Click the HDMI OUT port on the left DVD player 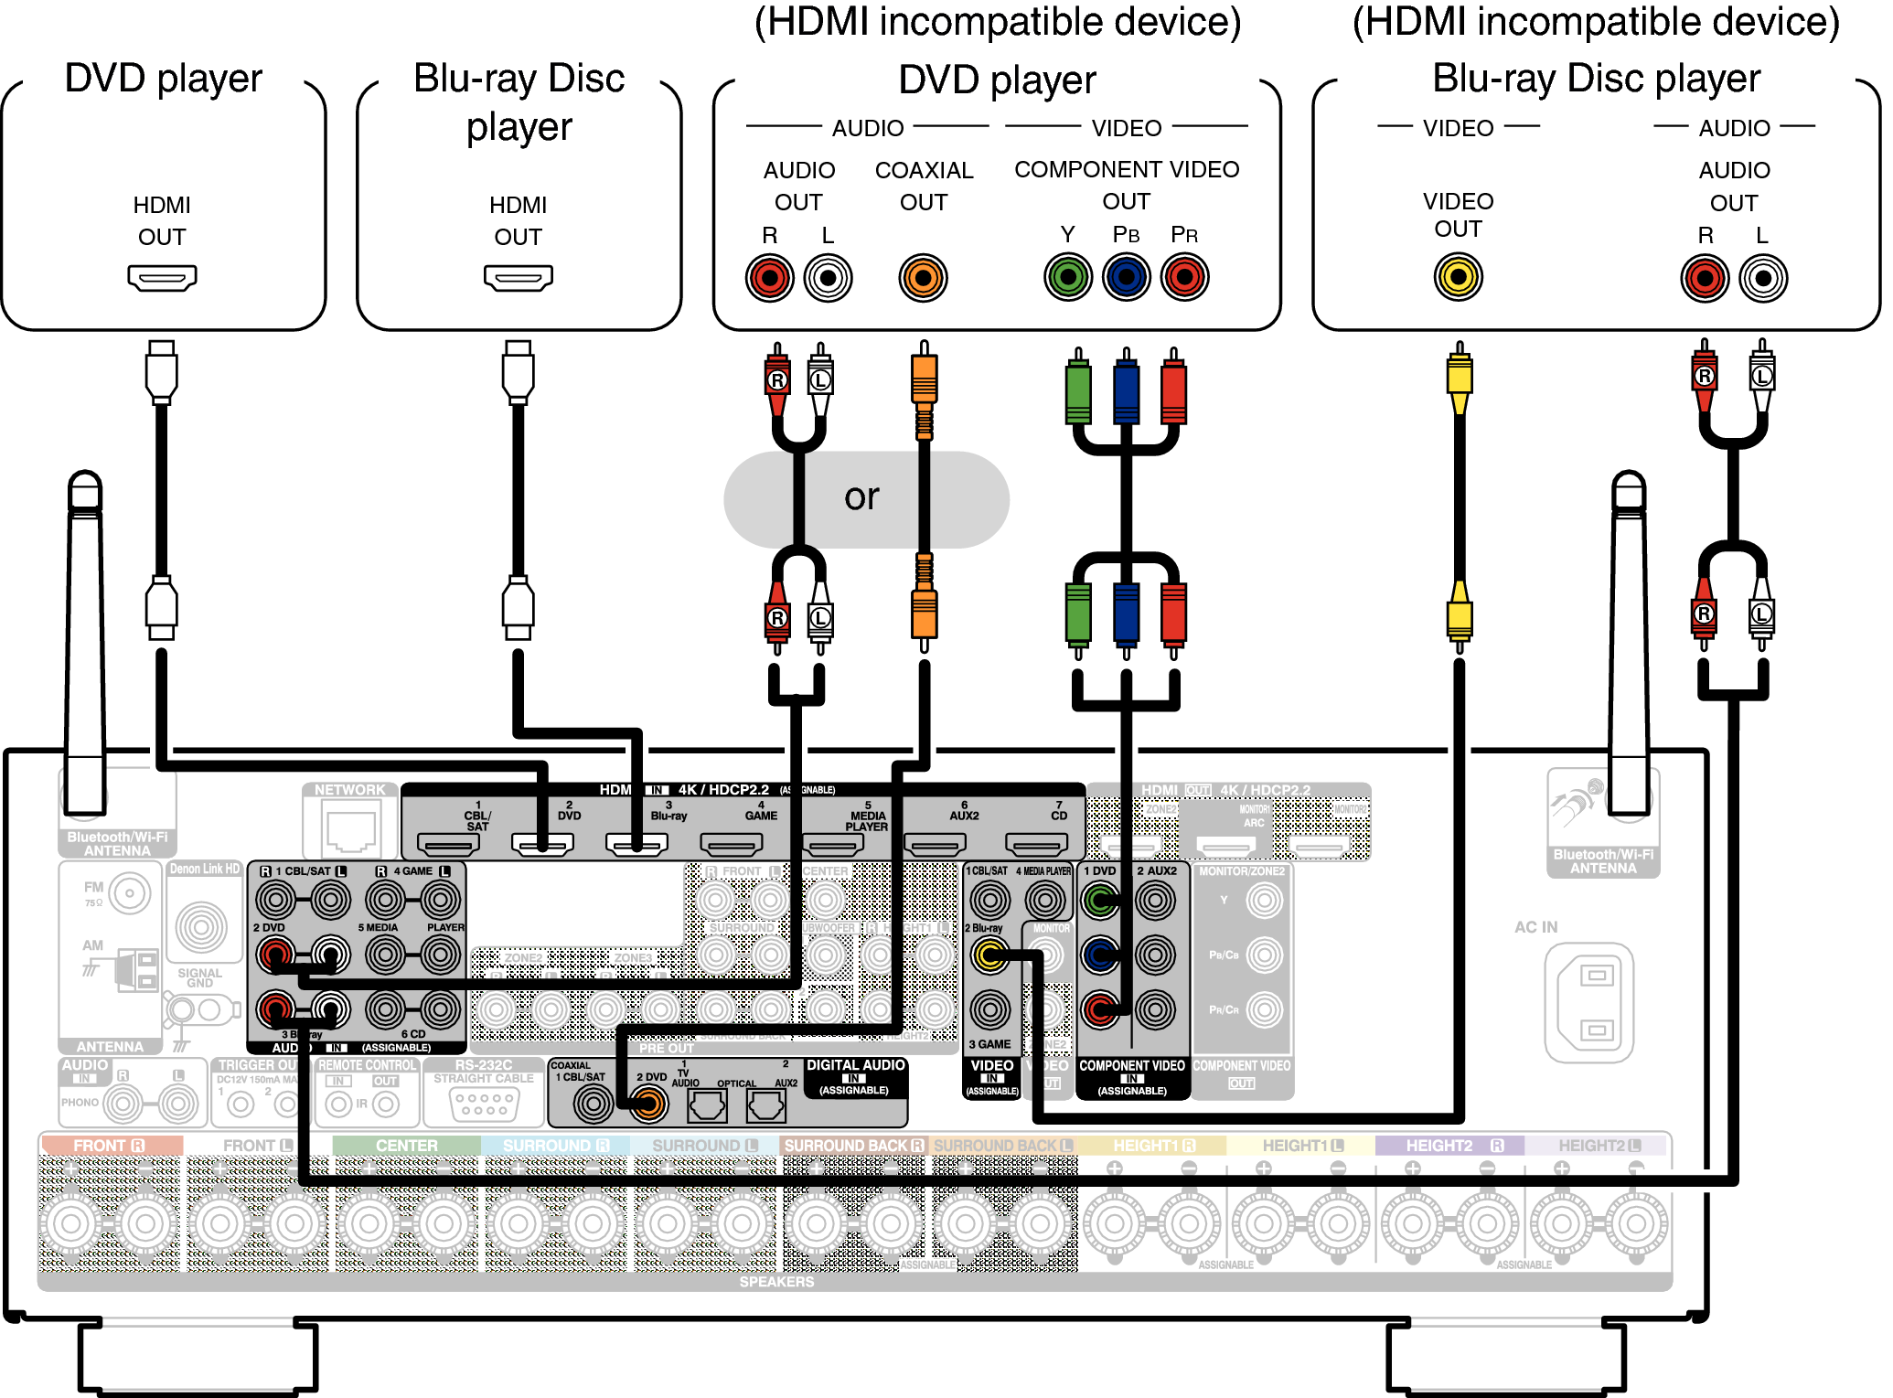(x=162, y=277)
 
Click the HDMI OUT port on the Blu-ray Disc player (x=518, y=277)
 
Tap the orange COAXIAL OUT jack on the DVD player (x=923, y=278)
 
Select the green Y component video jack (x=1068, y=277)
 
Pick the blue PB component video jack (x=1126, y=277)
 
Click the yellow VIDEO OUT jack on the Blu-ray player (x=1458, y=277)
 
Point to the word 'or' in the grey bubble (x=861, y=497)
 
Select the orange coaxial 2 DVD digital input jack (x=648, y=1105)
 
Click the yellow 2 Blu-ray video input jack (x=989, y=956)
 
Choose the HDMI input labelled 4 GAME (x=732, y=844)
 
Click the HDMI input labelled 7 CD (x=1036, y=844)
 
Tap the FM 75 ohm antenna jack (x=130, y=893)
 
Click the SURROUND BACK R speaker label (x=853, y=1146)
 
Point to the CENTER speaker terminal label (x=406, y=1146)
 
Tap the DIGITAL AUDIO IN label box (x=855, y=1077)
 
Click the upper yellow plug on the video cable (x=1459, y=377)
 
